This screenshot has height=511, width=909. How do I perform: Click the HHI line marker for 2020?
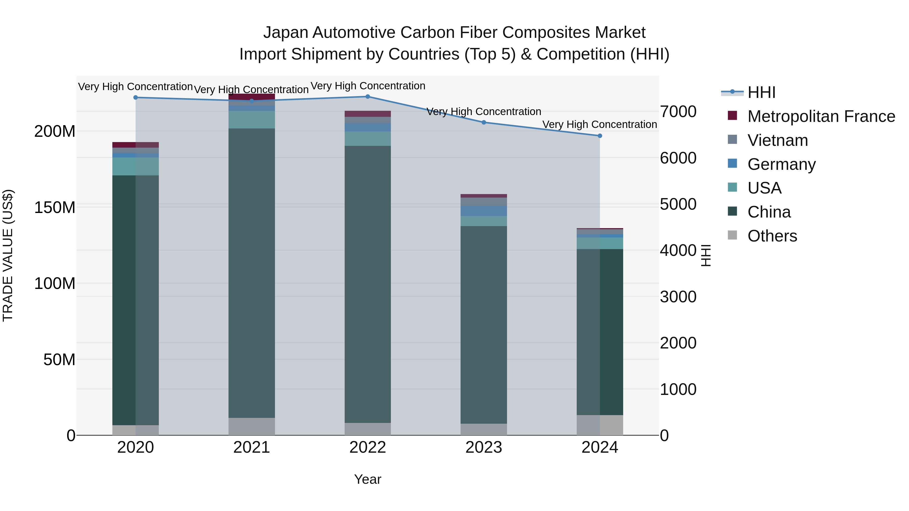pos(136,97)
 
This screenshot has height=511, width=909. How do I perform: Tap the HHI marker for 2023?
pos(484,122)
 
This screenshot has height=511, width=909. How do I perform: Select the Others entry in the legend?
pos(772,236)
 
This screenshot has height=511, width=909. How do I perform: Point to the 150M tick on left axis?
pos(55,207)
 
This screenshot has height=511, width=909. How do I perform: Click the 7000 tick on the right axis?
pos(678,112)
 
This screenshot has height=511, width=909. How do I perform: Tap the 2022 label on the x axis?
pos(368,447)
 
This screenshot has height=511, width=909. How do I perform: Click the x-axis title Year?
pos(368,479)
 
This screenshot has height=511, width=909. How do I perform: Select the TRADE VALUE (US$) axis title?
pos(8,255)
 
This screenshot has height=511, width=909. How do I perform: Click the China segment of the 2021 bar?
pos(251,273)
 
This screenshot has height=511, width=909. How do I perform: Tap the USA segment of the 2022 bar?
pos(368,139)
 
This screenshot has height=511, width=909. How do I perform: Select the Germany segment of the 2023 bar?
pos(484,211)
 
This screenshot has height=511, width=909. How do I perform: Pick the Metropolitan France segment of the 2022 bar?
pos(368,114)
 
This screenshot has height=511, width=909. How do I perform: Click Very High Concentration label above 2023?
pos(484,112)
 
